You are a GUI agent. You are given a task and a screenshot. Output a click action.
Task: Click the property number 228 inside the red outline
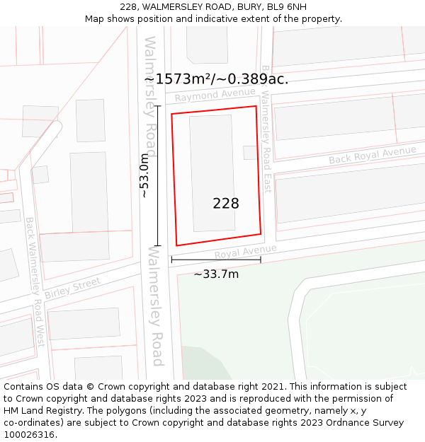point(226,204)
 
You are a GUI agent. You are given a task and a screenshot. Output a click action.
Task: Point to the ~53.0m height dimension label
point(144,175)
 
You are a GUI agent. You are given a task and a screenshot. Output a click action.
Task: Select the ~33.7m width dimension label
point(216,274)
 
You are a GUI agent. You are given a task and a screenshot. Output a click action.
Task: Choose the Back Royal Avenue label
point(373,155)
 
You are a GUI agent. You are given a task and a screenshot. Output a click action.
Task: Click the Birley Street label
point(73,288)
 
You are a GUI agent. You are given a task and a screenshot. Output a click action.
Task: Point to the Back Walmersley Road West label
point(35,281)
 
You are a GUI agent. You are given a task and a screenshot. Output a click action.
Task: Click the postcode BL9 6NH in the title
point(289,7)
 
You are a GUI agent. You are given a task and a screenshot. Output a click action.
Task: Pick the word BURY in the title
point(249,7)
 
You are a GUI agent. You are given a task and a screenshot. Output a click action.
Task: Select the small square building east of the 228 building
point(250,152)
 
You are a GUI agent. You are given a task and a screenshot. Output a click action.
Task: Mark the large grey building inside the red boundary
point(212,173)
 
